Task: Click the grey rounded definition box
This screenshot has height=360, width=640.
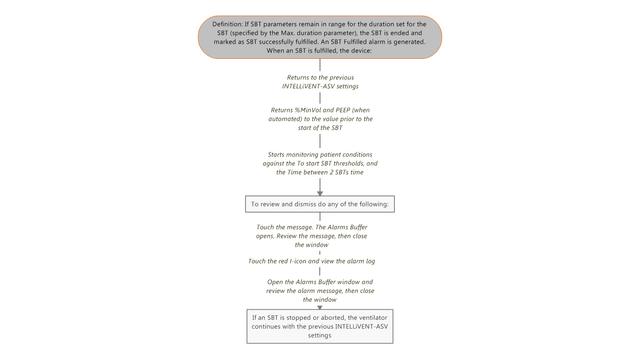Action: (x=319, y=36)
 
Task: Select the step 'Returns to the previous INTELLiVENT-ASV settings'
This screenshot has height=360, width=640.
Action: (x=319, y=82)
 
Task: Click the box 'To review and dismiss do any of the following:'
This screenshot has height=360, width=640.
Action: (x=319, y=204)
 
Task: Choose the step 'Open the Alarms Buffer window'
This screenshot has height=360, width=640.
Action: (x=319, y=290)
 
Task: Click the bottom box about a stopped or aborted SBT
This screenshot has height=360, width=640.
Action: (x=319, y=327)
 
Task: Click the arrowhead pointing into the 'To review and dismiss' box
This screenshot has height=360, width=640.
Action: (x=319, y=190)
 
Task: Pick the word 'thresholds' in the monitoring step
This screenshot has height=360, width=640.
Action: (x=361, y=164)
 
